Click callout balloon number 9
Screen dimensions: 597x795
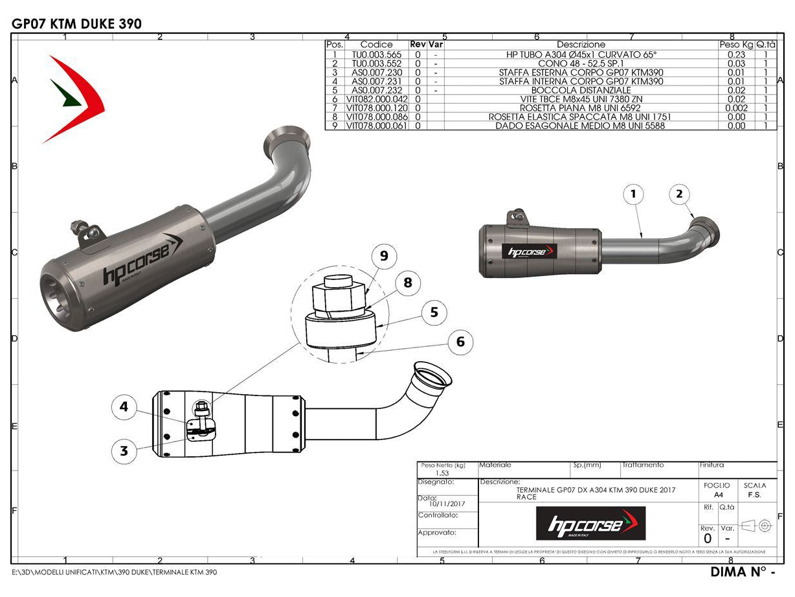click(384, 257)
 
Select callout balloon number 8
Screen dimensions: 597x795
click(407, 283)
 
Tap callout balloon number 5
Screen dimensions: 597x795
click(434, 312)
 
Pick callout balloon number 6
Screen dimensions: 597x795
click(460, 341)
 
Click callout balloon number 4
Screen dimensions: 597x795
click(124, 407)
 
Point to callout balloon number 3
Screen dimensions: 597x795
click(124, 451)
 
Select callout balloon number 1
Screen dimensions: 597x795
click(634, 193)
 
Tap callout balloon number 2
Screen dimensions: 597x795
click(679, 193)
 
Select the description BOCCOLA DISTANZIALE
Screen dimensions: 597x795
click(581, 90)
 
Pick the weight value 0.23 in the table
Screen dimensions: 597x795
click(736, 54)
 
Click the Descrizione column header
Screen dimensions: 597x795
click(581, 45)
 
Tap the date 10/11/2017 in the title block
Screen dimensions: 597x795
click(446, 503)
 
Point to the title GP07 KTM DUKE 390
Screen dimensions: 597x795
click(76, 24)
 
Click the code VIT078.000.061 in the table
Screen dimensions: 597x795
click(376, 126)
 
